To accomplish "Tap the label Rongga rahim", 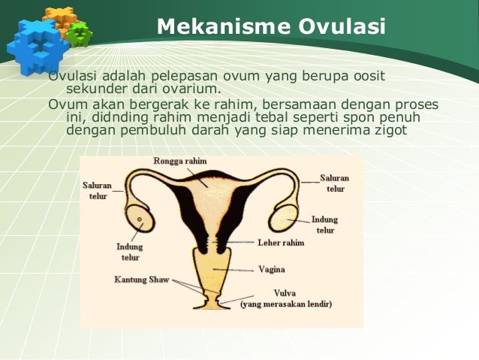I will point(180,161).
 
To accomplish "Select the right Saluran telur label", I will point(335,183).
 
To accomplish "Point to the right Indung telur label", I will point(324,225).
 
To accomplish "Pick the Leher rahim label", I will point(281,243).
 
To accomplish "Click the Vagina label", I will point(271,268).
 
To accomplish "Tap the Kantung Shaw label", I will point(142,280).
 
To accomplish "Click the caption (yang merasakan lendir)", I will point(286,304).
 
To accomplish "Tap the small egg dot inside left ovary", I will point(140,220).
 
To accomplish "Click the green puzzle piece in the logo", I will point(78,32).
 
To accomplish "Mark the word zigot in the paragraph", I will point(387,129).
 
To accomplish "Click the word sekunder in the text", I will point(94,89).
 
